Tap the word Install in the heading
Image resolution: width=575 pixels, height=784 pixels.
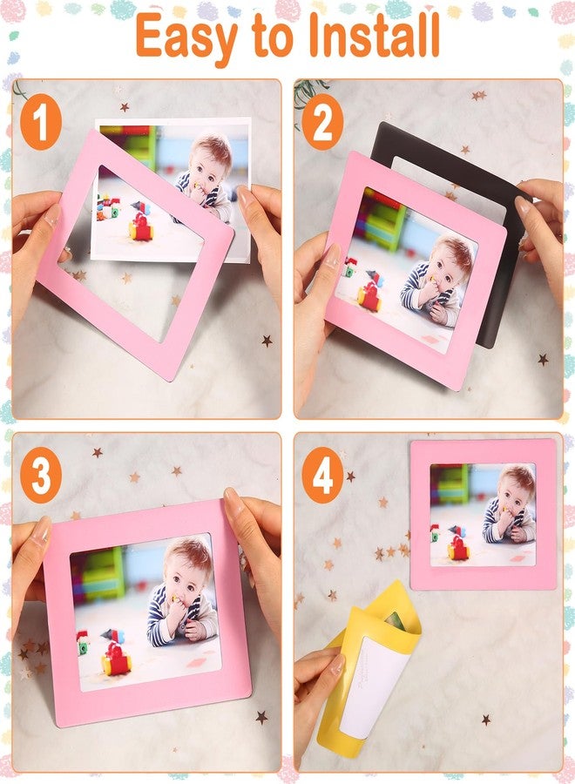pos(374,34)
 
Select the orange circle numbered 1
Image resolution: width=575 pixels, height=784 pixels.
pos(41,122)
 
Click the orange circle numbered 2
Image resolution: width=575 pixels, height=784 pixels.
pos(322,122)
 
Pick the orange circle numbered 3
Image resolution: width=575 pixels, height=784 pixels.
pos(41,475)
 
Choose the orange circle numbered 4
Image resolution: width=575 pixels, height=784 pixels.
pos(322,475)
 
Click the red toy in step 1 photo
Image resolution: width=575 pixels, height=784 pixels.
pos(140,226)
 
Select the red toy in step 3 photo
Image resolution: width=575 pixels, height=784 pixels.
pos(116,656)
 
